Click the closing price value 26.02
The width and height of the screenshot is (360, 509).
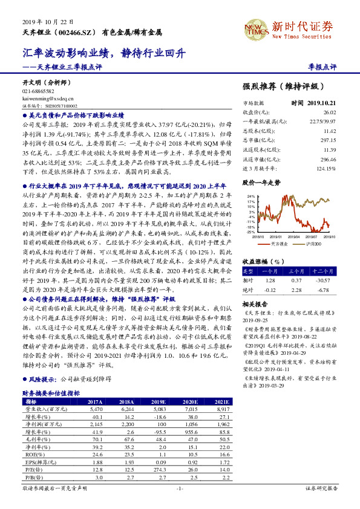click(329, 112)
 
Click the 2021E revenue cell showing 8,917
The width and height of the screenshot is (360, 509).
click(221, 409)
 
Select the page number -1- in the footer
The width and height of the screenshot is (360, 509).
click(179, 488)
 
